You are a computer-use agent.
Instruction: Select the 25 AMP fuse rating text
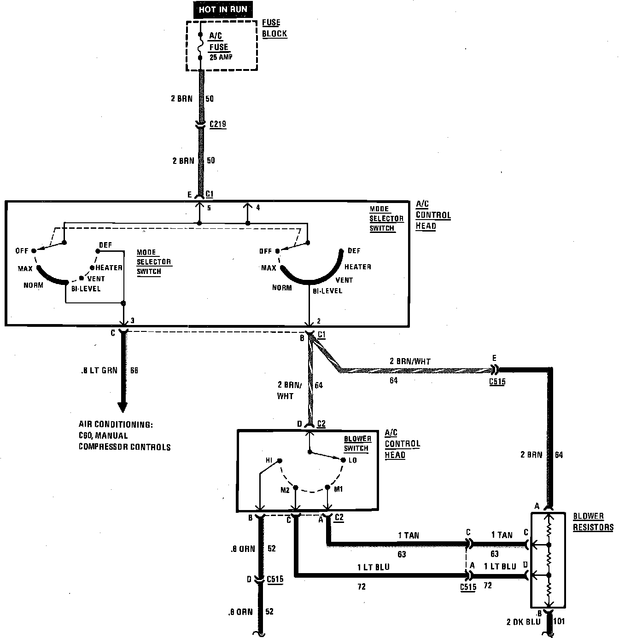point(221,57)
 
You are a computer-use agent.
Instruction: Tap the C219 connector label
point(218,124)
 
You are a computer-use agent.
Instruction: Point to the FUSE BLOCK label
point(274,28)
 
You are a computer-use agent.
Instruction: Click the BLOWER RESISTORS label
point(593,522)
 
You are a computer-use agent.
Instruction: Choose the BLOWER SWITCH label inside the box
point(356,443)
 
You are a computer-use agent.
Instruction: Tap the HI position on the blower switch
point(269,460)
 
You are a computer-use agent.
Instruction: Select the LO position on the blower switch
point(352,460)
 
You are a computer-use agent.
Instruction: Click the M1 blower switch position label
point(339,489)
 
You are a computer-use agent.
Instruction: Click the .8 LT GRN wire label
point(100,370)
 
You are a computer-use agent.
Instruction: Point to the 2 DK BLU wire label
point(524,622)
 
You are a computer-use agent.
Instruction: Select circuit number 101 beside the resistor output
point(559,621)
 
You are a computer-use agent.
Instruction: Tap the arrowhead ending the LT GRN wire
point(122,407)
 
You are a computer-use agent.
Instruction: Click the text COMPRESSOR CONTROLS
point(124,447)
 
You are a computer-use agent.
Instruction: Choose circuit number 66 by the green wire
point(134,370)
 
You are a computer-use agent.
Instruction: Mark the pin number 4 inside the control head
point(258,208)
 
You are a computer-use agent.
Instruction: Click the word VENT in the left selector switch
point(96,278)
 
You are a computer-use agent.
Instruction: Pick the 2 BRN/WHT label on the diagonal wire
point(409,361)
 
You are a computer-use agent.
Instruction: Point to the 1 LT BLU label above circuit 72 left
point(374,567)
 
